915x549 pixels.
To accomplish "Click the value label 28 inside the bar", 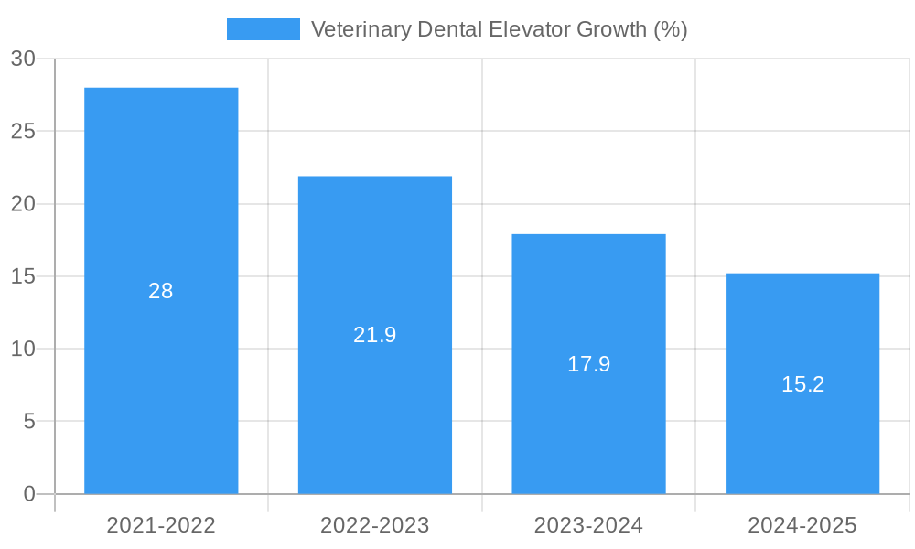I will click(161, 291).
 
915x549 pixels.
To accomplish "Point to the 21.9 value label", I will click(375, 335).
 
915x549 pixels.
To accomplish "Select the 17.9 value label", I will click(588, 364).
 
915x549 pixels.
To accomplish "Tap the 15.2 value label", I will click(802, 384).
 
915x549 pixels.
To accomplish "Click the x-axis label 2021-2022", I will click(161, 525).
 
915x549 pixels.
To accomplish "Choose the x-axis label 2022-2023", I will click(375, 525).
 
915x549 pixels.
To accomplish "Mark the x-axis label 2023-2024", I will click(588, 525).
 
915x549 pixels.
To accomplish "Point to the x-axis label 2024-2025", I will click(802, 525).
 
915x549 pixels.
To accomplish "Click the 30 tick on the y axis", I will click(23, 59).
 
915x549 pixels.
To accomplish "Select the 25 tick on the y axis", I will click(23, 131).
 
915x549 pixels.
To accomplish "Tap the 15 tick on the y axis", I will click(23, 276).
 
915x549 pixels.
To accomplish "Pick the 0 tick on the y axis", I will click(28, 494).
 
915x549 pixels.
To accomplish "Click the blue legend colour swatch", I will click(263, 29).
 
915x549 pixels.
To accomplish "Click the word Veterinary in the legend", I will click(360, 29).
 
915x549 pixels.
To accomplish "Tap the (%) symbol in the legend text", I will click(670, 29).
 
